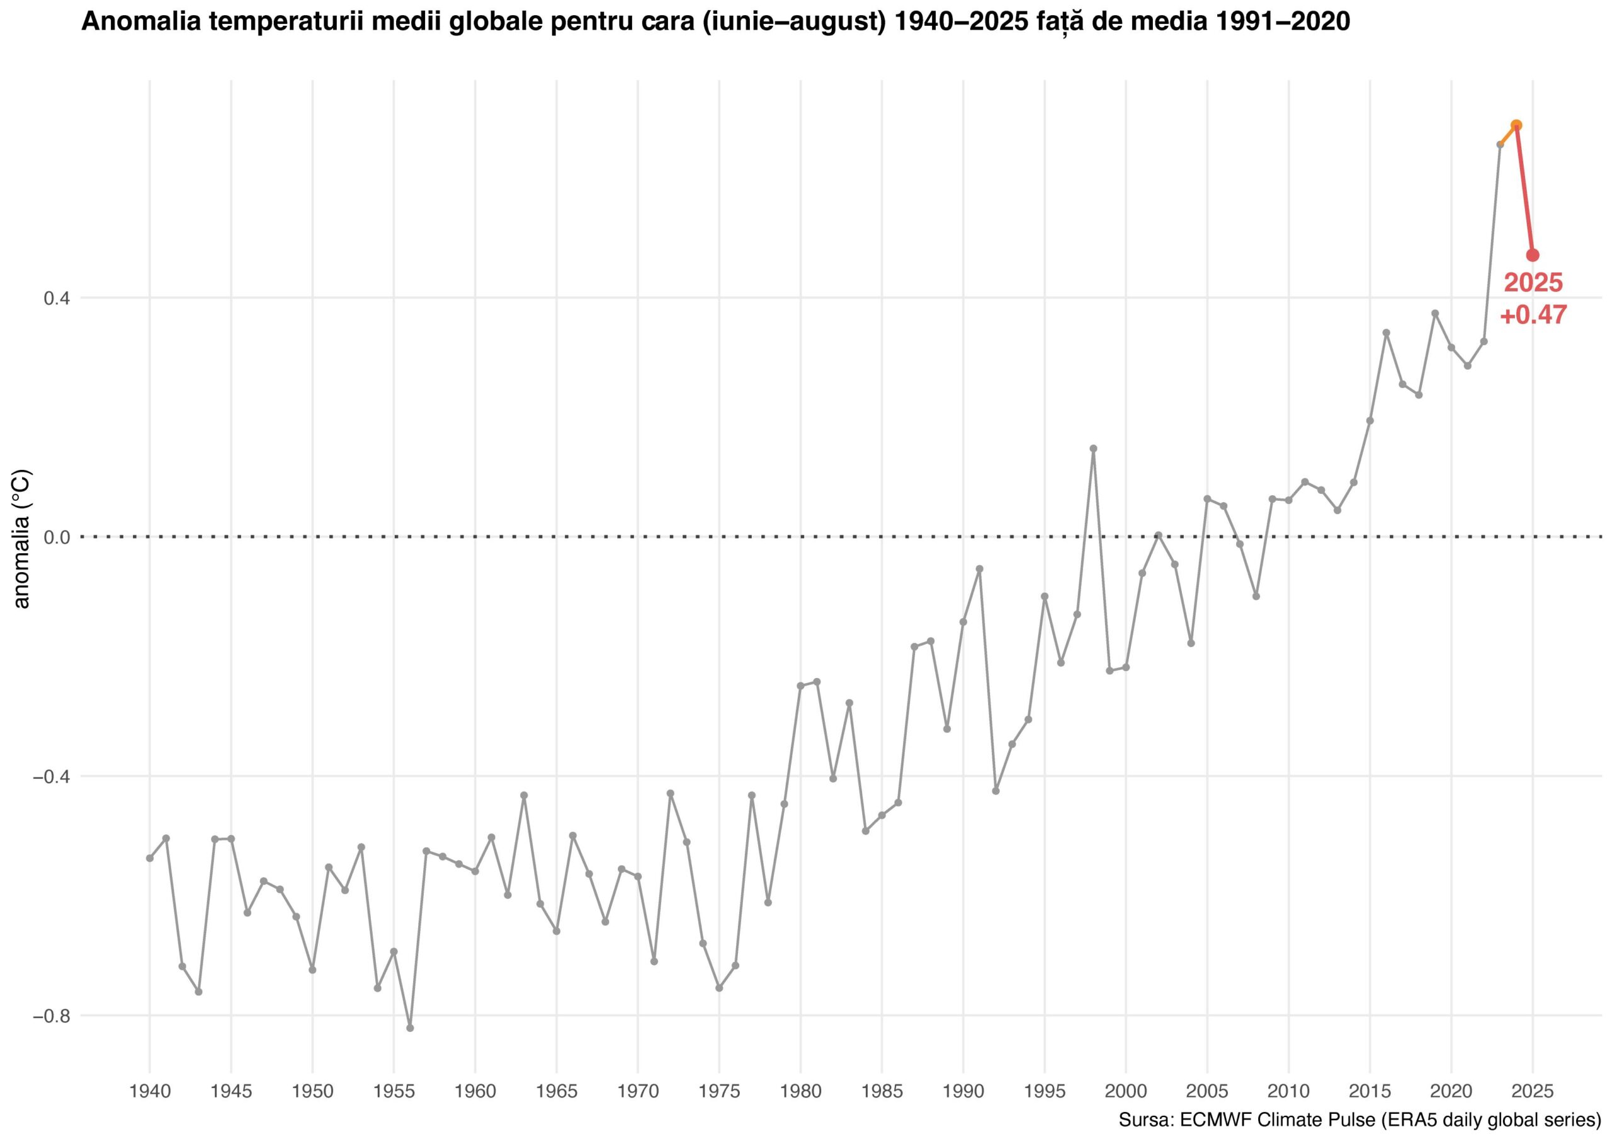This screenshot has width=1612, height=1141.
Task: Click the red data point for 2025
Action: click(x=1533, y=255)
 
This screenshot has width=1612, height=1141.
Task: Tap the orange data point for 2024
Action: click(x=1516, y=125)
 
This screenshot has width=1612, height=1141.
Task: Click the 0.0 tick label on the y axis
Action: click(x=57, y=537)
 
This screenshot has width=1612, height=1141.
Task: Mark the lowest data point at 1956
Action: click(x=410, y=1028)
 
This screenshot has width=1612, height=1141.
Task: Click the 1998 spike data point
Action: click(x=1093, y=448)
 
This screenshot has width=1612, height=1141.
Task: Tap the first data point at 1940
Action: click(x=149, y=858)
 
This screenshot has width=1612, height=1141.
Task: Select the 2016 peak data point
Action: click(x=1387, y=332)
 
